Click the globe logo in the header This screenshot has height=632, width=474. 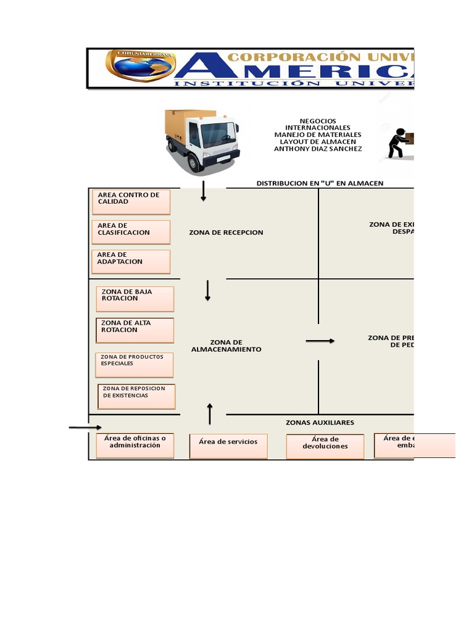pos(141,66)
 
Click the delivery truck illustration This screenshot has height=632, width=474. pos(201,139)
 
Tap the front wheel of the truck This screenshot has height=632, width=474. pos(194,162)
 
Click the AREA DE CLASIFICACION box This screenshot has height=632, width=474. pos(130,232)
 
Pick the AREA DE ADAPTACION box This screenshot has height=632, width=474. pos(130,261)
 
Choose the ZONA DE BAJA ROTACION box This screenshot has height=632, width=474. pos(135,299)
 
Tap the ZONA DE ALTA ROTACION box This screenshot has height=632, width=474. pos(135,330)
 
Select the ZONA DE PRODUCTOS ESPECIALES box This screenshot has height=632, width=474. pos(134,365)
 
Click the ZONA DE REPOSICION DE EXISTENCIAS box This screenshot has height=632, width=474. pos(136,396)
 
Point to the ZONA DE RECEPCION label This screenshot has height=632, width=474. pos(226,233)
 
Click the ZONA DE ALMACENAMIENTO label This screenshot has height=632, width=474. pos(226,346)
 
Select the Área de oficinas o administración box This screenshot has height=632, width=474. pos(135,446)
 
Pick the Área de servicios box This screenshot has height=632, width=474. pos(228,446)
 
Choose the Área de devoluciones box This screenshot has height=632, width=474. pos(325,446)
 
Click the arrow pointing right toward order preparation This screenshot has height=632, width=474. pos(320,341)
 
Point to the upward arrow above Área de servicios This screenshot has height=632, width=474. pos(210,414)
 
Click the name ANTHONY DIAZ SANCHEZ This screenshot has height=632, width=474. pos(318,149)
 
